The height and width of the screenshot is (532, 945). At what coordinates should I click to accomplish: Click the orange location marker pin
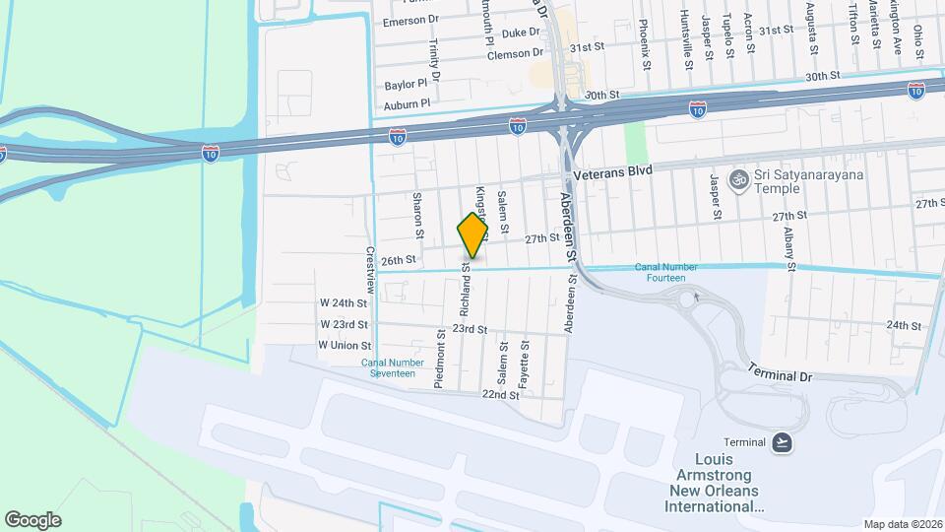[472, 236]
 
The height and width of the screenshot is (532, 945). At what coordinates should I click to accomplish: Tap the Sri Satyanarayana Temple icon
[736, 179]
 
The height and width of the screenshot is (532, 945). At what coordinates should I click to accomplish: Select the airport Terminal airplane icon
[782, 440]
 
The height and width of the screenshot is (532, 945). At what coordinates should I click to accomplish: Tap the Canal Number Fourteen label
[673, 272]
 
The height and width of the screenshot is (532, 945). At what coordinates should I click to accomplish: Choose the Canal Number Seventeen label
[392, 367]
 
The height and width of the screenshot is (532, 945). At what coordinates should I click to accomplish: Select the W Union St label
[344, 346]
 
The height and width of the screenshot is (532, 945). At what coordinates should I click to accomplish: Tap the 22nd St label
[500, 395]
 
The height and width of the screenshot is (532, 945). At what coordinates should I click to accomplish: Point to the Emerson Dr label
[409, 21]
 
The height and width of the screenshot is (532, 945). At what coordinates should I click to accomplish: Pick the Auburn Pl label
[408, 102]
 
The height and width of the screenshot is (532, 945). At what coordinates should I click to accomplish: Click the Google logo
[33, 519]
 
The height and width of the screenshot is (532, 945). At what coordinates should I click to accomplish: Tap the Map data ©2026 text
[902, 523]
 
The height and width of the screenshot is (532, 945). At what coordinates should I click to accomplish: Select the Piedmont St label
[441, 363]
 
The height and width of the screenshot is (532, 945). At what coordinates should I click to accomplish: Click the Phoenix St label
[645, 44]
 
